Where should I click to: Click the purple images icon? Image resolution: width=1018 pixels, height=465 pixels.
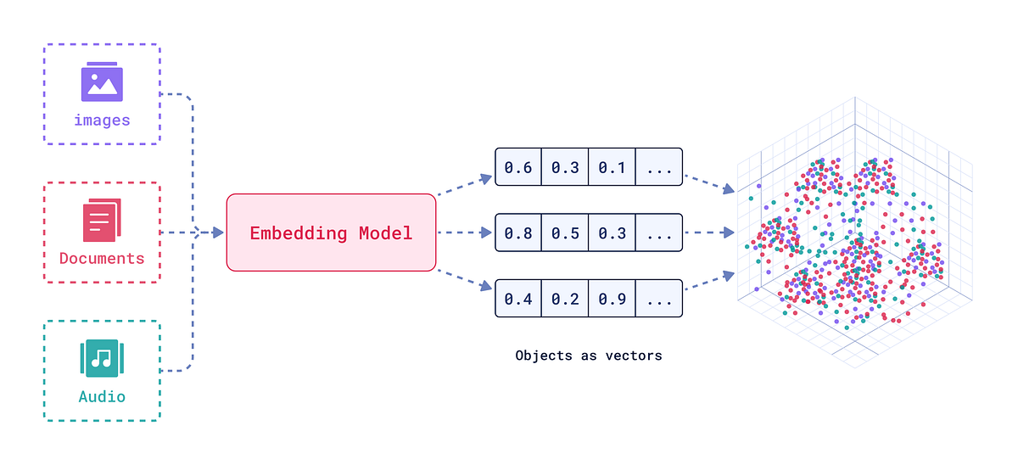(x=102, y=82)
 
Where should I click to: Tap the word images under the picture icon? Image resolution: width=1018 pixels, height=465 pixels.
(x=102, y=120)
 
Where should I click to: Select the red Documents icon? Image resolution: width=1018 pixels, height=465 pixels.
(x=102, y=221)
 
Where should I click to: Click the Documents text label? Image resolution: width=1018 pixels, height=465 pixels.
(x=102, y=258)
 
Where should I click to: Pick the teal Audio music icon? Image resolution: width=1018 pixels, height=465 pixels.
(x=102, y=359)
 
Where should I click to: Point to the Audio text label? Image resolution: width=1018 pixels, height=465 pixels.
(x=102, y=396)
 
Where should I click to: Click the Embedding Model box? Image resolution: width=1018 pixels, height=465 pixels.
(x=331, y=232)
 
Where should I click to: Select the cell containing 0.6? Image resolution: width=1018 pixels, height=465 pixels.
(x=518, y=168)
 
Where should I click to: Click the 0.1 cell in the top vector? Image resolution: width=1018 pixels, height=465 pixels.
(x=612, y=168)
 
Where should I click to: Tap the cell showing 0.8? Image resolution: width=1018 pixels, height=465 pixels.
(x=518, y=232)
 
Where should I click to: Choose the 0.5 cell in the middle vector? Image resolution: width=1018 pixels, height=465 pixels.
(x=565, y=232)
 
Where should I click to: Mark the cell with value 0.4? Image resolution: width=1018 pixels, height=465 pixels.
(x=518, y=298)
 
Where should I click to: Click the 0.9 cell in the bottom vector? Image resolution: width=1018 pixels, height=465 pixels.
(x=612, y=298)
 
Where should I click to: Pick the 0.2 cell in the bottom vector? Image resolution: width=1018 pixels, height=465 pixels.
(x=565, y=298)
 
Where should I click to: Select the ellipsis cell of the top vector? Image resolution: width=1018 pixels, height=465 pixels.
(x=659, y=168)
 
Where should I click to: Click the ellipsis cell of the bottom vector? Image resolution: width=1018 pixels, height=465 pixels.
(x=659, y=298)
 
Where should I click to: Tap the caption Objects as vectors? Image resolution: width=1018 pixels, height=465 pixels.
(x=589, y=356)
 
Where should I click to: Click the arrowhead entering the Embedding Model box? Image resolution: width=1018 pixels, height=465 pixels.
(x=218, y=232)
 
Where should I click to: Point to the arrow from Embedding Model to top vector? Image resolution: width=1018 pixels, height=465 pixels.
(x=465, y=187)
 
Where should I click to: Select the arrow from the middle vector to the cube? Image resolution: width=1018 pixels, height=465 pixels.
(x=708, y=232)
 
